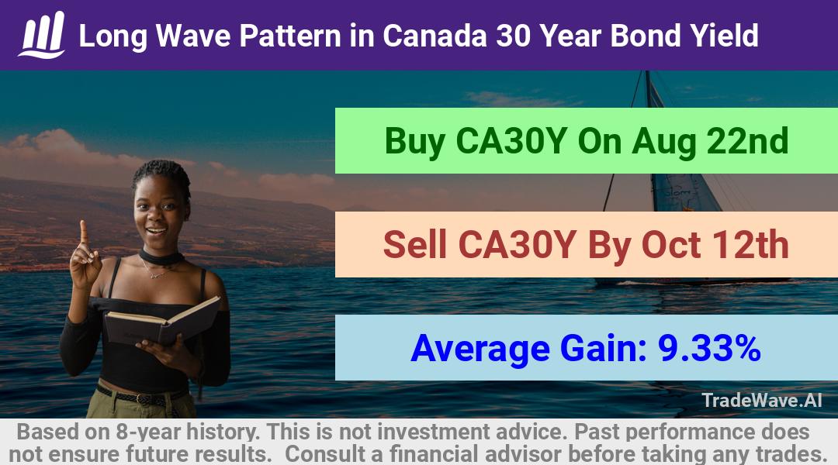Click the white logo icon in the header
[42, 35]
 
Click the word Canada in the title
[435, 36]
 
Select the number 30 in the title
[514, 36]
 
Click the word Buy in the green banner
[414, 142]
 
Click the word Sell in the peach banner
[414, 244]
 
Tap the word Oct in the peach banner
[670, 245]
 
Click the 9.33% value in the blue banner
[709, 348]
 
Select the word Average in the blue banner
[480, 349]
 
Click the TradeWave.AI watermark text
[762, 401]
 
